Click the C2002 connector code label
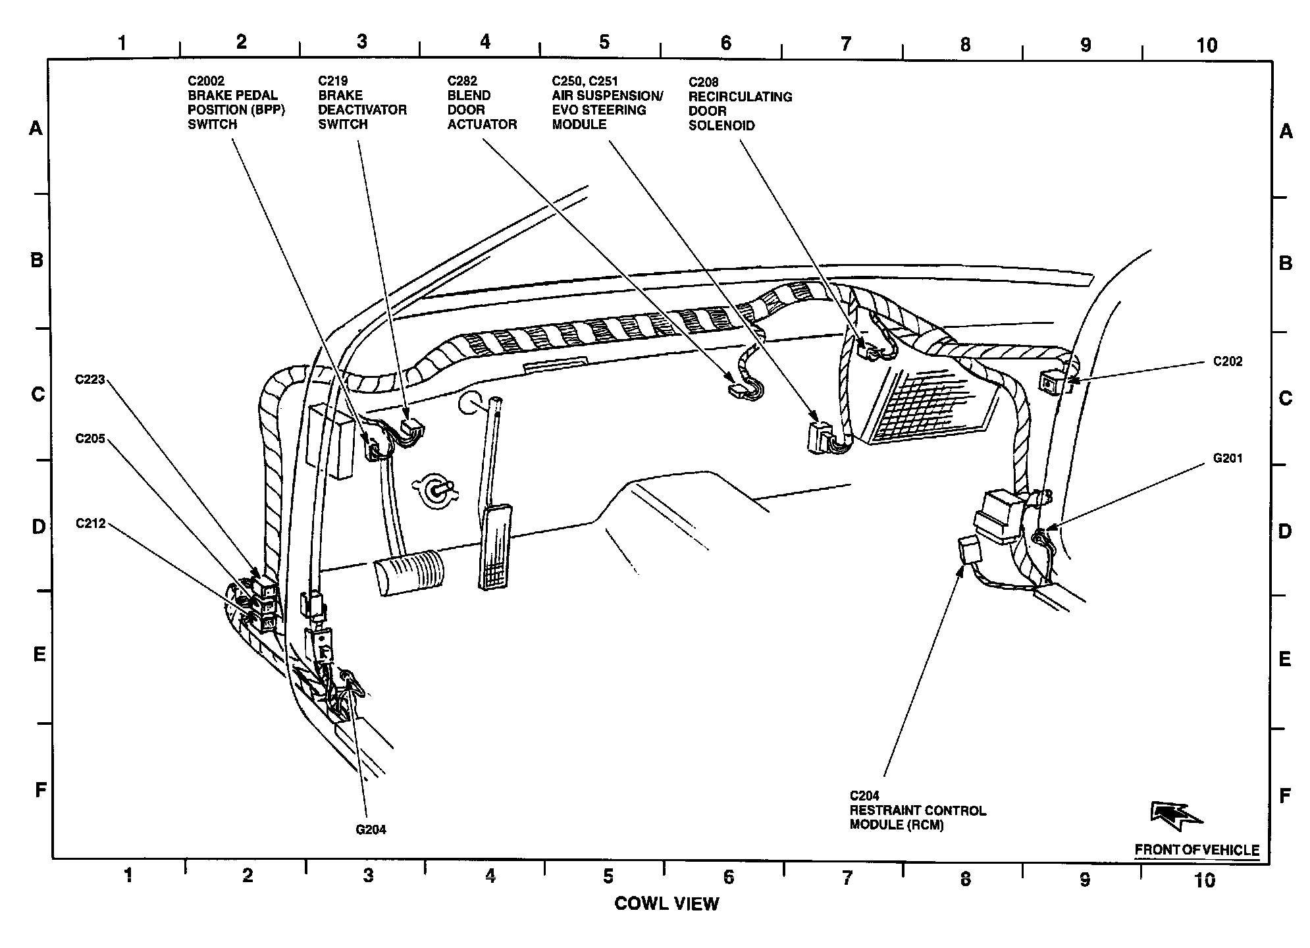pyautogui.click(x=206, y=81)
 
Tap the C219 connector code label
pyautogui.click(x=333, y=81)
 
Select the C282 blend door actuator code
pyautogui.click(x=462, y=81)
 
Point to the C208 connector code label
pyautogui.click(x=704, y=82)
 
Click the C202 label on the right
pyautogui.click(x=1228, y=361)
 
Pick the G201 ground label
pyautogui.click(x=1228, y=458)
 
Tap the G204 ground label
pyautogui.click(x=371, y=829)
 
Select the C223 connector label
pyautogui.click(x=90, y=379)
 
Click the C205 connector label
pyautogui.click(x=90, y=438)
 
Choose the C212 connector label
pyautogui.click(x=90, y=523)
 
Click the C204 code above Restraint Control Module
pyautogui.click(x=864, y=796)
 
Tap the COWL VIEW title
pyautogui.click(x=666, y=903)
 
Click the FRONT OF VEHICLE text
pyautogui.click(x=1197, y=850)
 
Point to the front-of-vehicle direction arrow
pyautogui.click(x=1175, y=815)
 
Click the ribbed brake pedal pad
pyautogui.click(x=409, y=572)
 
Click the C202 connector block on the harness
pyautogui.click(x=1049, y=381)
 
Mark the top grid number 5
pyautogui.click(x=604, y=42)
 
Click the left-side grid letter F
pyautogui.click(x=41, y=789)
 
